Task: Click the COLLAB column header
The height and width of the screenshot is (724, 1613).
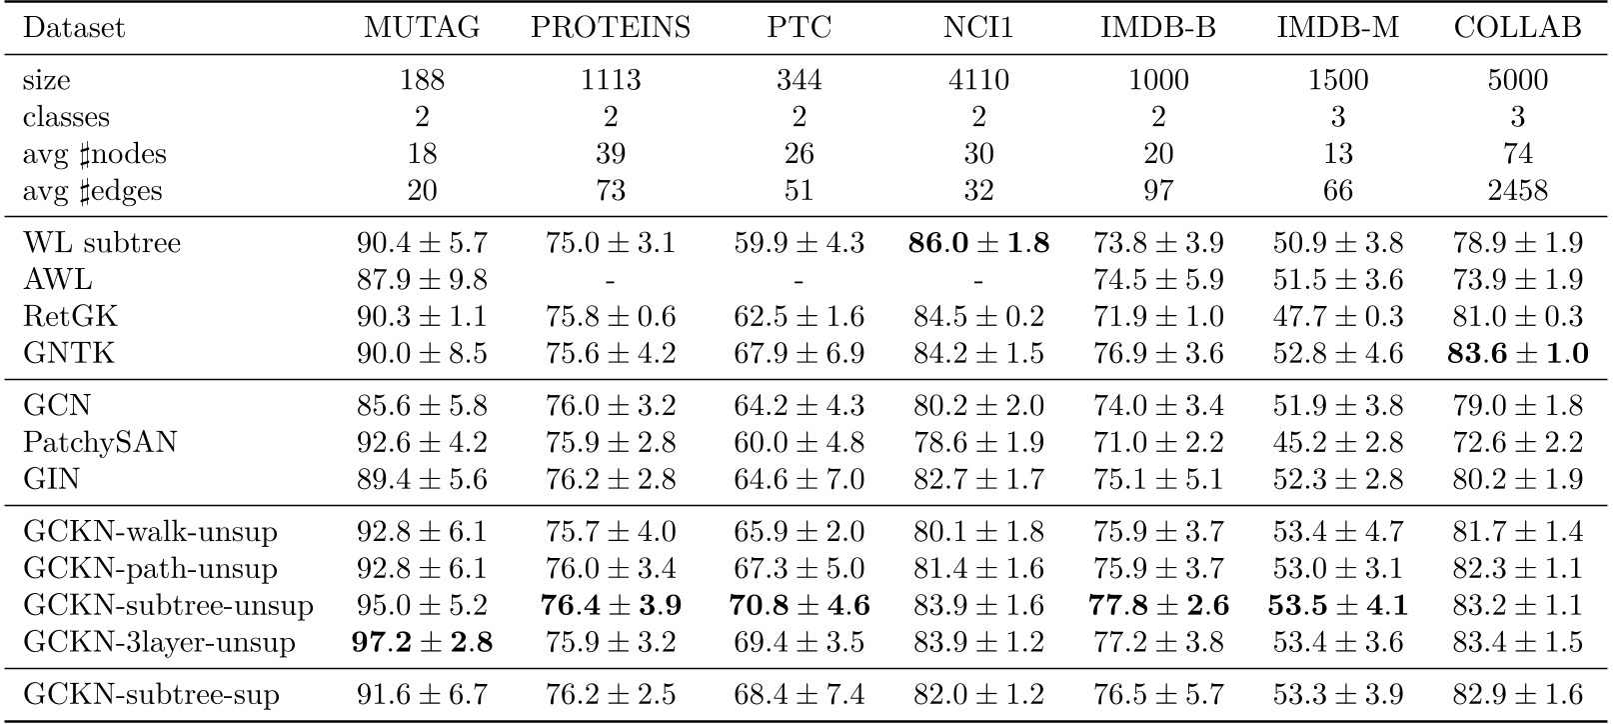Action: click(1517, 28)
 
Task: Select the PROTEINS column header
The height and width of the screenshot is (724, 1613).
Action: click(611, 28)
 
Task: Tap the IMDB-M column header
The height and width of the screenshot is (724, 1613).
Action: click(1337, 28)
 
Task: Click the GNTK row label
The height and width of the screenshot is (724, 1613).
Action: click(69, 353)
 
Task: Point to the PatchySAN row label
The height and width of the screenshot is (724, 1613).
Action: click(100, 442)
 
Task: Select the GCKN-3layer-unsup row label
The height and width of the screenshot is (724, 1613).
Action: click(159, 641)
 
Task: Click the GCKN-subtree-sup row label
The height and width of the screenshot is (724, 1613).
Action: click(151, 694)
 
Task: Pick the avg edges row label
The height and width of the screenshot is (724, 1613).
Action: click(92, 190)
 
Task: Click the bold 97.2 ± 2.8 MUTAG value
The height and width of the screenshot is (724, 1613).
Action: click(422, 641)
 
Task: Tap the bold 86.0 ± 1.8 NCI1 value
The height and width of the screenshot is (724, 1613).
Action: click(978, 243)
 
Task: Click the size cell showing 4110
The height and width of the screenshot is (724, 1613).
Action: click(978, 80)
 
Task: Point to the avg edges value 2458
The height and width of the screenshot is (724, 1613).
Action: click(1517, 190)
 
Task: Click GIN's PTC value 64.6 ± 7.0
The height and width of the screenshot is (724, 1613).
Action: click(799, 479)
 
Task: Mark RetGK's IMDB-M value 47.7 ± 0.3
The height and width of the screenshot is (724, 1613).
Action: click(1337, 317)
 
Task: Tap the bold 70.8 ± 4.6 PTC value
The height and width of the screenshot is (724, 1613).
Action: click(799, 605)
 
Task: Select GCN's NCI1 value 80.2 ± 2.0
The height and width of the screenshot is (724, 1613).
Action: click(978, 406)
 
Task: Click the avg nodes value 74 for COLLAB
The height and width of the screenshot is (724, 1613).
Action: click(1517, 153)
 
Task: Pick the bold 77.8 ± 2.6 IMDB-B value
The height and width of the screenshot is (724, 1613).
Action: click(1158, 605)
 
